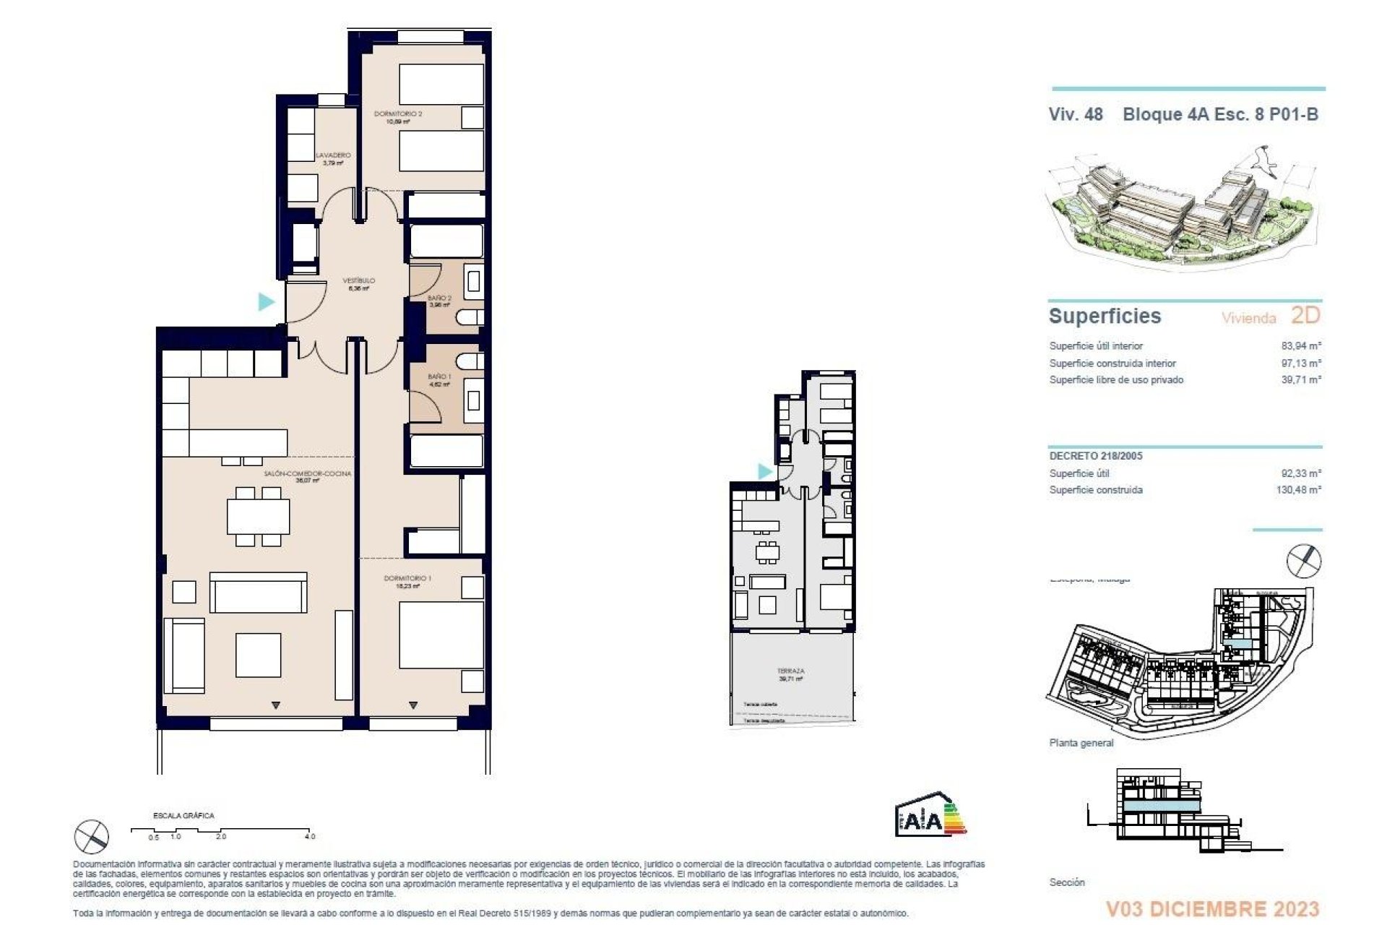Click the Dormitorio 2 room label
pos(398,114)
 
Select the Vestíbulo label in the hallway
pos(358,280)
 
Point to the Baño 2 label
pos(439,298)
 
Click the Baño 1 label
pos(439,377)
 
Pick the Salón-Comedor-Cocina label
pos(307,474)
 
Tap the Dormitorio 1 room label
pos(407,579)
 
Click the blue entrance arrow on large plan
pos(267,301)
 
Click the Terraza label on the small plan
pos(790,671)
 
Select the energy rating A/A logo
pos(929,816)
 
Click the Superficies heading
pos(1105,316)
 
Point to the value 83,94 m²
pos(1301,346)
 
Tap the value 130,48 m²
pos(1298,490)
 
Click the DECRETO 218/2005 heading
pos(1095,456)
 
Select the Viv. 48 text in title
pos(1076,114)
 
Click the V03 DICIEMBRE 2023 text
pos(1212,908)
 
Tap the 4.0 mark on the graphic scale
pos(309,836)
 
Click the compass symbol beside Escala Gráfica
pos(92,837)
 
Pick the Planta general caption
pos(1081,743)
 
